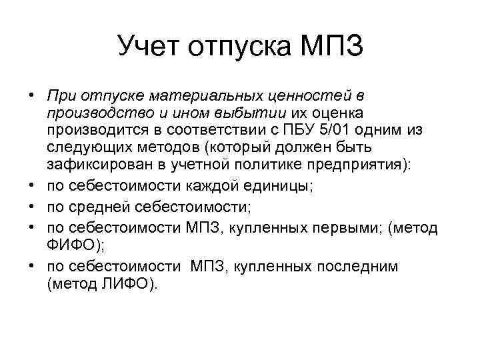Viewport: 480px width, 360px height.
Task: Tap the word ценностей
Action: pos(302,96)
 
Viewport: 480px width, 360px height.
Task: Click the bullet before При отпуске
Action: pos(31,95)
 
